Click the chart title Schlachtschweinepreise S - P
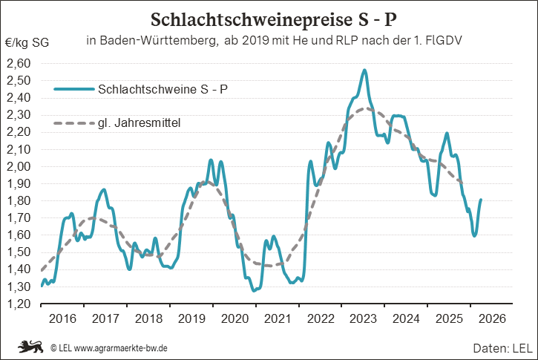pos(269,18)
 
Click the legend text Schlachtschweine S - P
pos(163,90)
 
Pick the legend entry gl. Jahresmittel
pos(140,122)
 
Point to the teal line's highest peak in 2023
pos(364,70)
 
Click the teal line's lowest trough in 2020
pos(254,290)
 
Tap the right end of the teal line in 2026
pos(481,199)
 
